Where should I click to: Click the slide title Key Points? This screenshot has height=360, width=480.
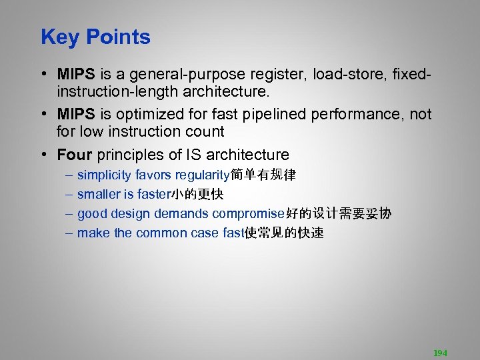pos(95,37)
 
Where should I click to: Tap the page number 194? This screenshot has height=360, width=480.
pos(440,353)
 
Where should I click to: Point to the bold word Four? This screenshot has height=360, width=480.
pos(75,155)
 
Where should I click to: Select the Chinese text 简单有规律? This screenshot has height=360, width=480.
pos(263,175)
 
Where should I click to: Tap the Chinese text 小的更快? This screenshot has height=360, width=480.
pos(197,195)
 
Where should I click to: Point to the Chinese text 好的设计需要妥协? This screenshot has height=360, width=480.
pos(339,214)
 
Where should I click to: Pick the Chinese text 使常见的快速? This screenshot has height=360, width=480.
pos(283,233)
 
